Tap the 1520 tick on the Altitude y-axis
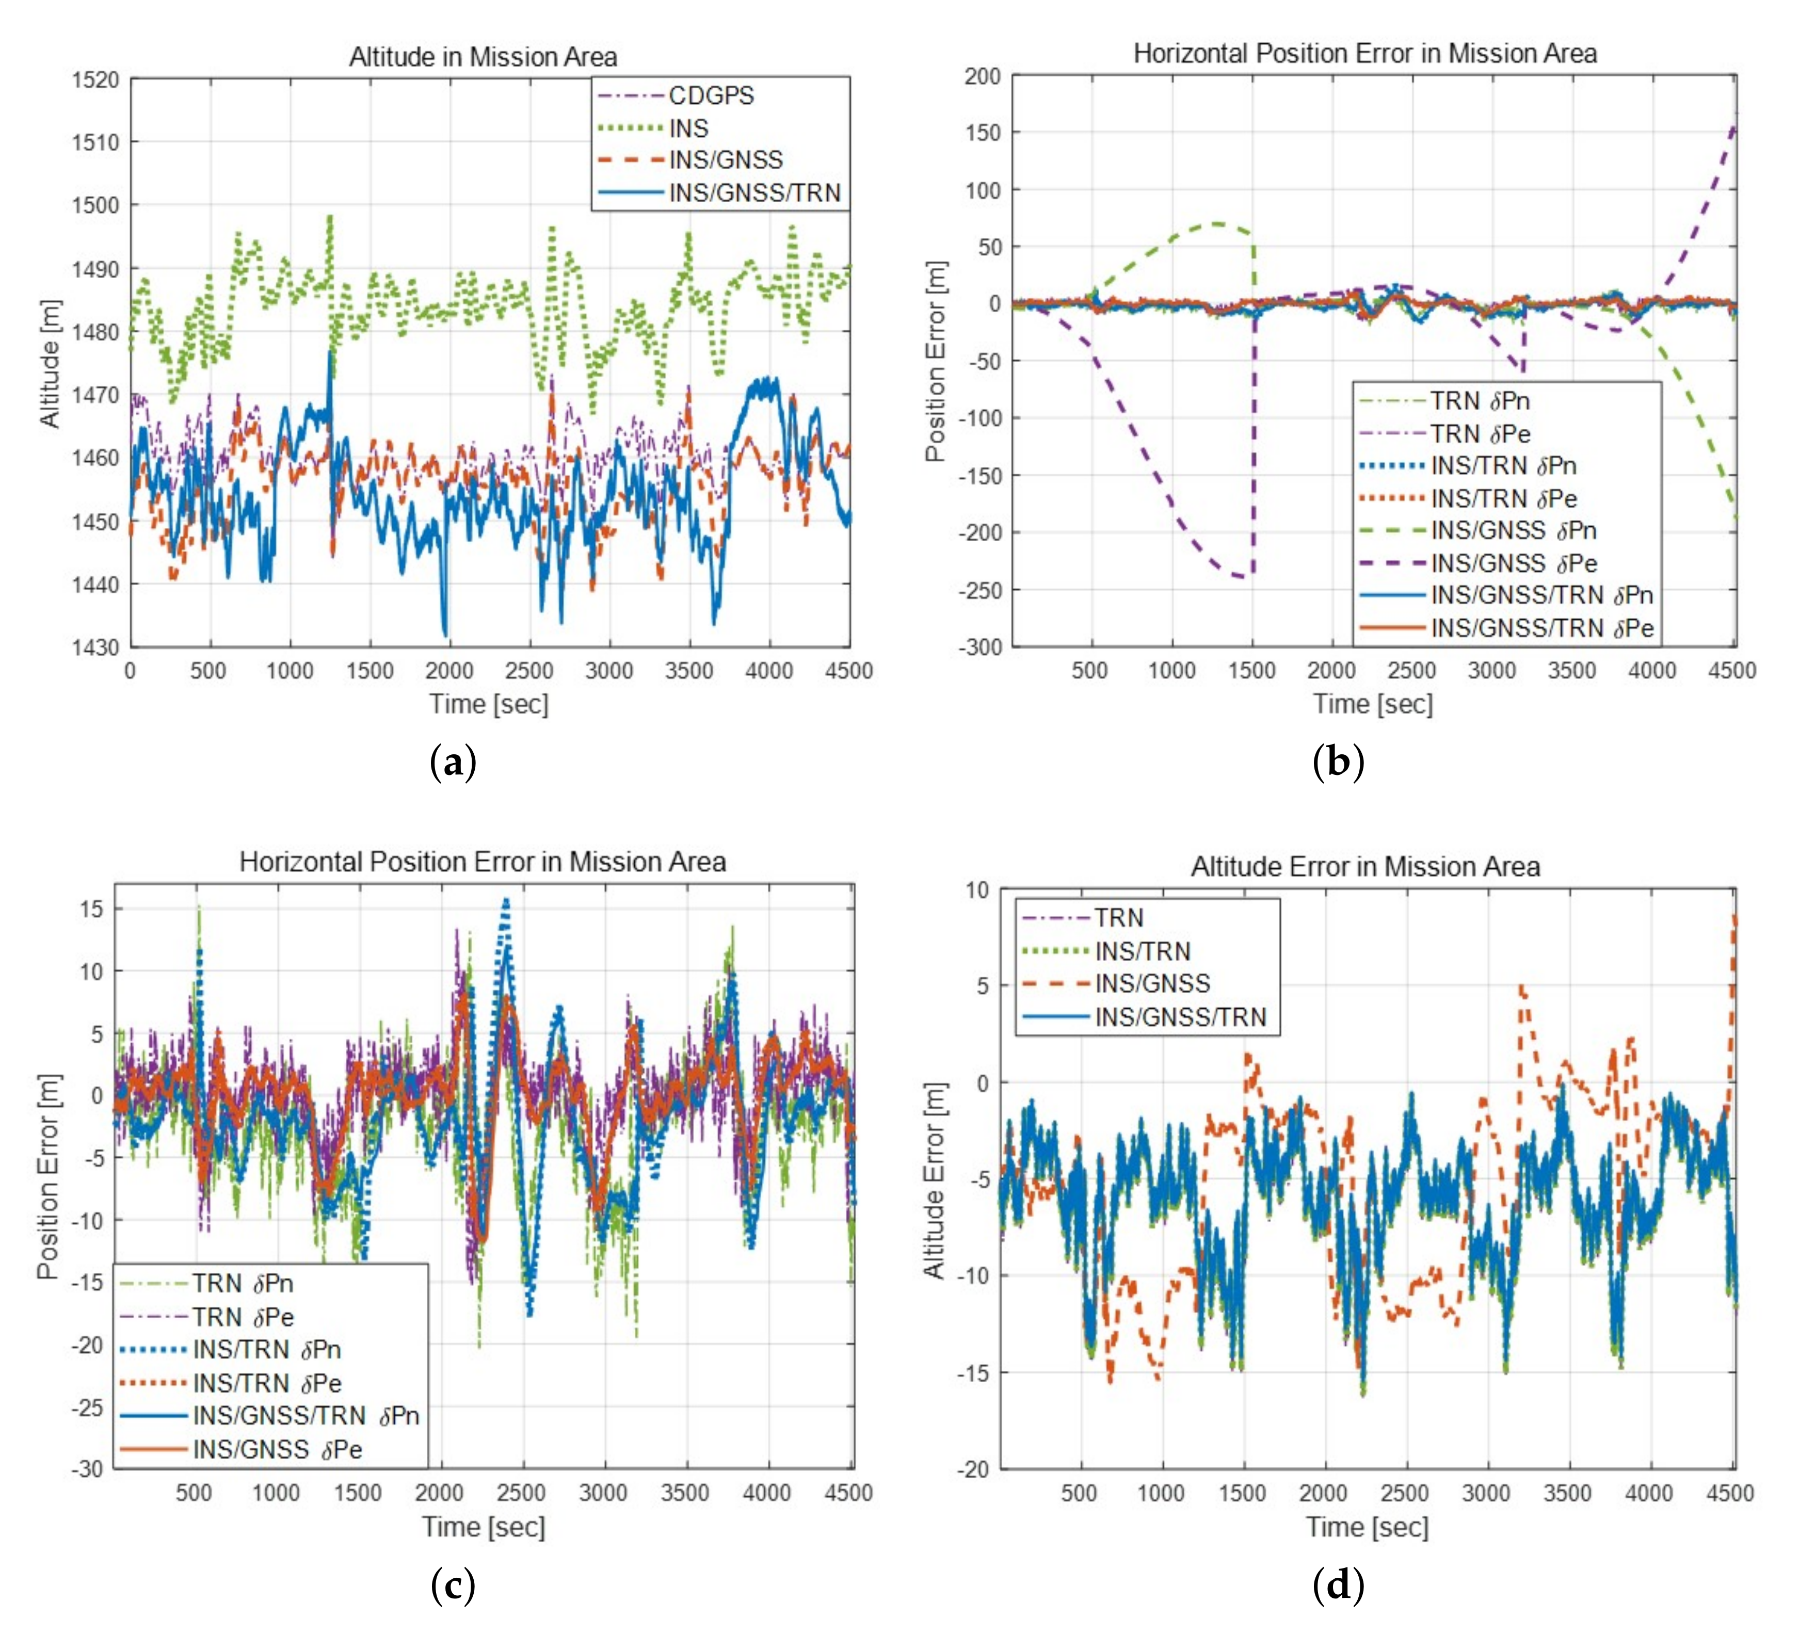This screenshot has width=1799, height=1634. (95, 79)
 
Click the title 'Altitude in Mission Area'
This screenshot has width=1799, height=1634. (483, 56)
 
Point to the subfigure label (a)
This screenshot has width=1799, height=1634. (453, 763)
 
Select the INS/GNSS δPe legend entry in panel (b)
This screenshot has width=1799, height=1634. (1514, 563)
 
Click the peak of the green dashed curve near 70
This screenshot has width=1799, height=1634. (1218, 223)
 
